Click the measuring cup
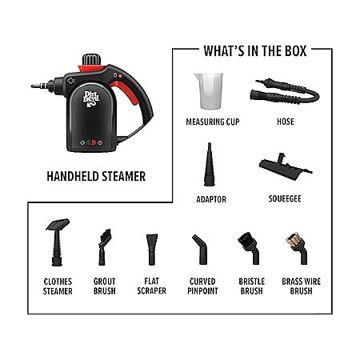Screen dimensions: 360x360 coord(209,91)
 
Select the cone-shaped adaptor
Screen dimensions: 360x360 coord(210,165)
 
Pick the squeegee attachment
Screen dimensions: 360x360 coord(285,167)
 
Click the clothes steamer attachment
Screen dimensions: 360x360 coord(58,242)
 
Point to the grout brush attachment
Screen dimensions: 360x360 coord(104,247)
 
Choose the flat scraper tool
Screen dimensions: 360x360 coord(152,250)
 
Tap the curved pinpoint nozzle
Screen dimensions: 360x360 coord(200,250)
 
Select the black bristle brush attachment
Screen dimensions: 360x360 coord(250,248)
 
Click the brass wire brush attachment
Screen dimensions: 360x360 coord(298,248)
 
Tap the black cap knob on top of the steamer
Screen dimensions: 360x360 coord(91,59)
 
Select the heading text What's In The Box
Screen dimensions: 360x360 coord(255,51)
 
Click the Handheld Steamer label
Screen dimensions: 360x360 coord(96,176)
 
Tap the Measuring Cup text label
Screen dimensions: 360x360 coord(213,122)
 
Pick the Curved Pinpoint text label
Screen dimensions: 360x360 coord(202,286)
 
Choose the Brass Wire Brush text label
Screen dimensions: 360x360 coord(301,286)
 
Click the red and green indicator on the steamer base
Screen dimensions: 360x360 coord(91,142)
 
